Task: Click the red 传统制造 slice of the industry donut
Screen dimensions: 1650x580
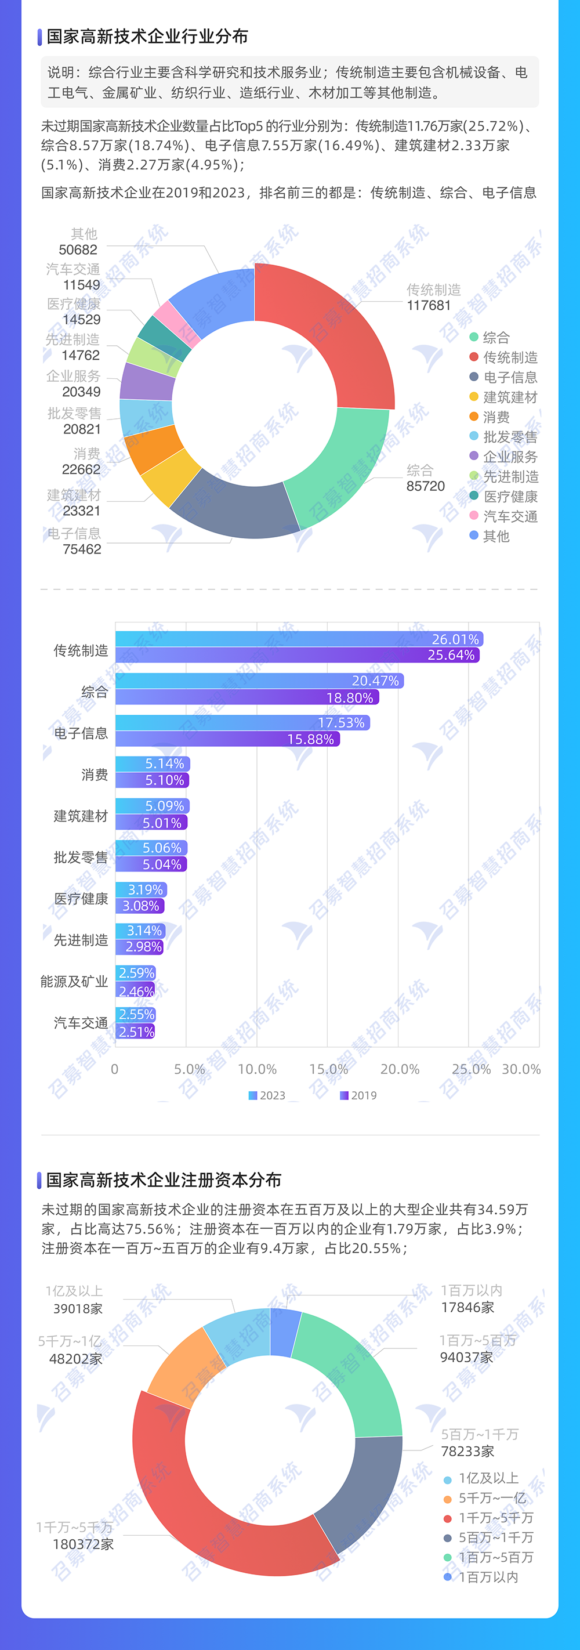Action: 346,327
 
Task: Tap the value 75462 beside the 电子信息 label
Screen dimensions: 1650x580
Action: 82,549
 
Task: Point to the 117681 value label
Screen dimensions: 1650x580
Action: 429,306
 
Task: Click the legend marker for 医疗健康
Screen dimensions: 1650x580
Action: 474,496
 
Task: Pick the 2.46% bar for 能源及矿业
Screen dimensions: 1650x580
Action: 136,991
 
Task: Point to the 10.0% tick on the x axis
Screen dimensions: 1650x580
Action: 258,1069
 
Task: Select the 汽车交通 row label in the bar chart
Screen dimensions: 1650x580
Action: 81,1023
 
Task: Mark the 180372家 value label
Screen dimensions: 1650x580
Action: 83,1544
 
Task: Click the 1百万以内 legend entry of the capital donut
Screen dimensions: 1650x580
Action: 488,1577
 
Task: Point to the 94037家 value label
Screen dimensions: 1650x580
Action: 466,1356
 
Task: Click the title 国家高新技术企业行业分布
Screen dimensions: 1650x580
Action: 147,37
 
